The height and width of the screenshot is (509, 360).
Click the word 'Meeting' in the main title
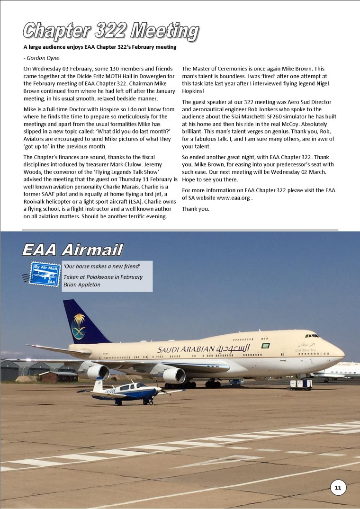coord(164,31)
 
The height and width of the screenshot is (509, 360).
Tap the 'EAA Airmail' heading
coord(72,250)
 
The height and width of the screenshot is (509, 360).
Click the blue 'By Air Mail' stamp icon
coord(45,273)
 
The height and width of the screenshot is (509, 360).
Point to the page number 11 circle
coord(338,487)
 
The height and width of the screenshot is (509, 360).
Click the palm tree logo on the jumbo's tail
coord(79,326)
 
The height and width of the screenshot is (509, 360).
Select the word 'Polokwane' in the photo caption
coord(97,277)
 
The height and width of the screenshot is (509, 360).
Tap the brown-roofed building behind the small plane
coord(59,376)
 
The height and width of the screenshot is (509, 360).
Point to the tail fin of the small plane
coord(98,384)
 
